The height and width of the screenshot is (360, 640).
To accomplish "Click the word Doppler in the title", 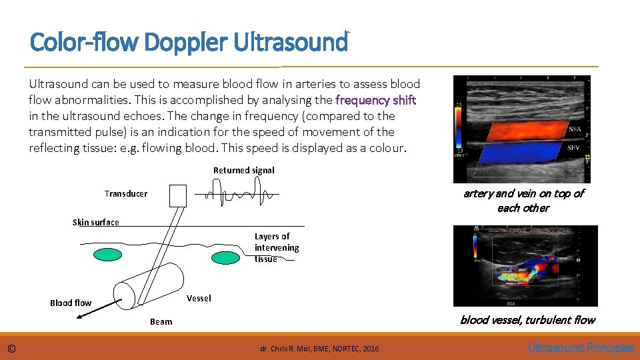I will pyautogui.click(x=189, y=43).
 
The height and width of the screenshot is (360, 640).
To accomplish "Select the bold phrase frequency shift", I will pyautogui.click(x=376, y=100).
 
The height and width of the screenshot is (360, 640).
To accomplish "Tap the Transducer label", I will pyautogui.click(x=126, y=193).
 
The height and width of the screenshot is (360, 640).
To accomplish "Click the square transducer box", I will pyautogui.click(x=179, y=195).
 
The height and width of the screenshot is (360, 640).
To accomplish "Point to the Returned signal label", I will pyautogui.click(x=244, y=170).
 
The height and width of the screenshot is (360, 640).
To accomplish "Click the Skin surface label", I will pyautogui.click(x=95, y=222).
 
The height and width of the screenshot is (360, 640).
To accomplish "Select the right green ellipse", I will pyautogui.click(x=226, y=257).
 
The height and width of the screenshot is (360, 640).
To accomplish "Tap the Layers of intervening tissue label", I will pyautogui.click(x=276, y=247).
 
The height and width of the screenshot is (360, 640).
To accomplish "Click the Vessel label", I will pyautogui.click(x=199, y=298).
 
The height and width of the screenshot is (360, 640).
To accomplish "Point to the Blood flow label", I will pyautogui.click(x=71, y=303).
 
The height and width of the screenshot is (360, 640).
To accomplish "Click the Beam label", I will pyautogui.click(x=161, y=321).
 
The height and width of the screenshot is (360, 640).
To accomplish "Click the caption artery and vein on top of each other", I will pyautogui.click(x=523, y=200).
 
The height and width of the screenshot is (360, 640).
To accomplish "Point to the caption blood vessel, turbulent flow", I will pyautogui.click(x=527, y=320).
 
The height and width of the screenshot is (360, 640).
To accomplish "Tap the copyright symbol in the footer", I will pyautogui.click(x=12, y=348).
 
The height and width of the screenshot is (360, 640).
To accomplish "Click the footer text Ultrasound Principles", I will pyautogui.click(x=581, y=347).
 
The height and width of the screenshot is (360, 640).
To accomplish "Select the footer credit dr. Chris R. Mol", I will pyautogui.click(x=319, y=349).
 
